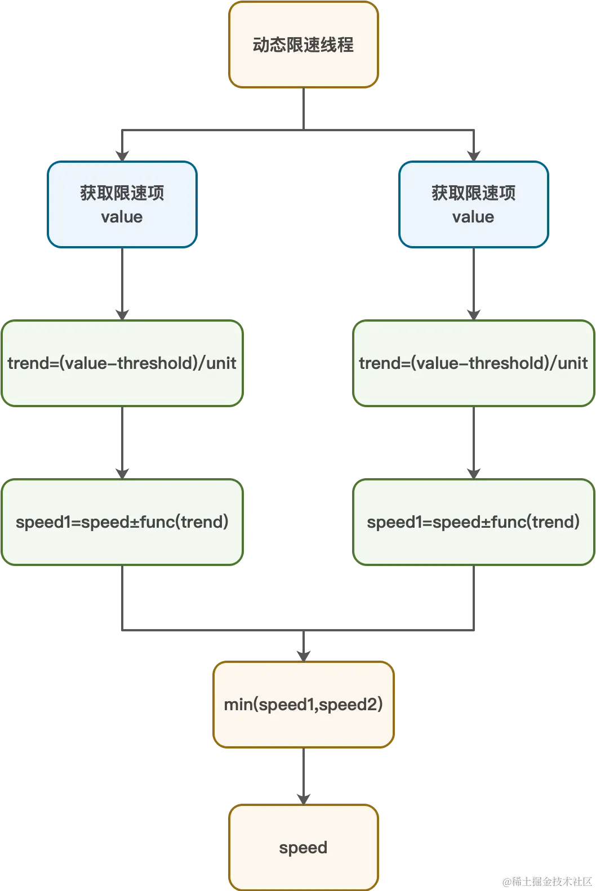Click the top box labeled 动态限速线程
click(303, 45)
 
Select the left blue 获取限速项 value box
click(122, 204)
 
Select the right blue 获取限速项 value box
click(473, 204)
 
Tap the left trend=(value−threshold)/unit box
click(122, 363)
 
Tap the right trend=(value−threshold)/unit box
click(473, 363)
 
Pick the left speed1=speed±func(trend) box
click(122, 522)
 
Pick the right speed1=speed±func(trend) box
click(473, 522)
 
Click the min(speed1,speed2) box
click(303, 705)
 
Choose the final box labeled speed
click(303, 848)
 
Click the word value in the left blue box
click(122, 217)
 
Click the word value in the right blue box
click(473, 217)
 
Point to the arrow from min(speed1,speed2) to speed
click(304, 774)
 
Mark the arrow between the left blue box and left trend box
click(122, 282)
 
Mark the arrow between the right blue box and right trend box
click(473, 282)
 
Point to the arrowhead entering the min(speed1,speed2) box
click(304, 654)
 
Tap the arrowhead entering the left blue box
click(122, 154)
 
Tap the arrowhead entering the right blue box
click(473, 154)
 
